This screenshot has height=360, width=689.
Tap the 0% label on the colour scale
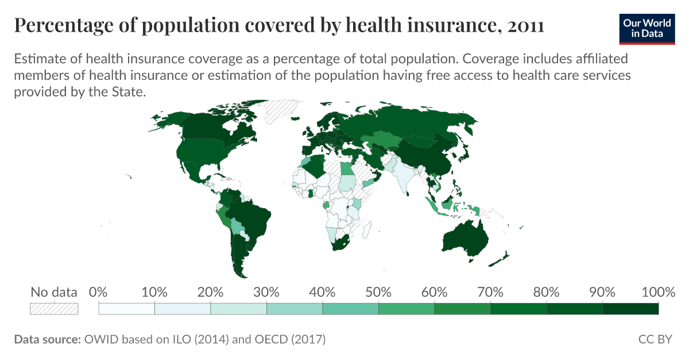[99, 292]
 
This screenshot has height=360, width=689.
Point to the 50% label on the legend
[378, 292]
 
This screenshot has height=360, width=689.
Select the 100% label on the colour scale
[658, 292]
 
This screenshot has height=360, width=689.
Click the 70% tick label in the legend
[490, 292]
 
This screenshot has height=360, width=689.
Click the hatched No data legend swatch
[54, 308]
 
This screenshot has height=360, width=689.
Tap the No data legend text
[54, 292]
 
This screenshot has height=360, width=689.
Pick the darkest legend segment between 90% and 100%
[630, 309]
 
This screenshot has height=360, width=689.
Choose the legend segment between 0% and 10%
[127, 309]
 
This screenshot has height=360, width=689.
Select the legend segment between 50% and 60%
[407, 309]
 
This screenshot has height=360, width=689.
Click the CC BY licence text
[655, 339]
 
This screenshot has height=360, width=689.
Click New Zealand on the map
[501, 258]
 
